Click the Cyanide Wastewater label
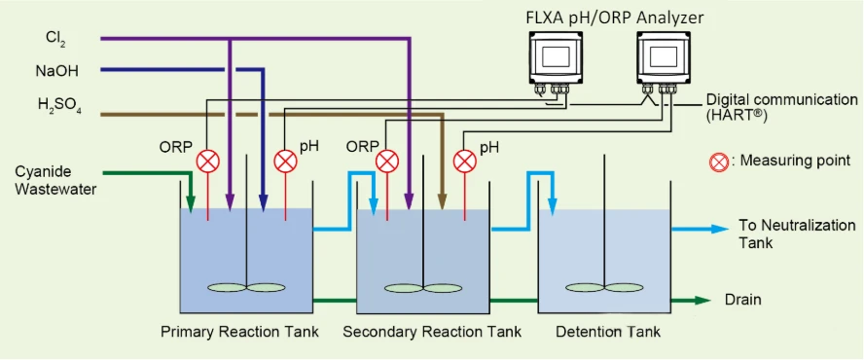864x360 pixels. coord(56,180)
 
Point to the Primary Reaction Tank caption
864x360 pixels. coord(239,332)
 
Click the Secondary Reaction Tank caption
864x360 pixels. coord(432,332)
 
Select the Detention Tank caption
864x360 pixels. coord(608,332)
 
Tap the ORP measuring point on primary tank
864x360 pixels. coord(208,161)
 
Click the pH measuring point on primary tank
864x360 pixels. coord(285,161)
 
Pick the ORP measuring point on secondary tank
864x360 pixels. coord(387,161)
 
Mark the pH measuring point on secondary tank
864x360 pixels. coord(464,161)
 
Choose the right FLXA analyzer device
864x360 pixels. coord(664,60)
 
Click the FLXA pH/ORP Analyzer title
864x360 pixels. coord(614,18)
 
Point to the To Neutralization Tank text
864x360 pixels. coord(797,234)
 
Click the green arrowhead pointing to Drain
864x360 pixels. coord(702,300)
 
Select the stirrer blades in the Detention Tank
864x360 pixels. coord(604,287)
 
